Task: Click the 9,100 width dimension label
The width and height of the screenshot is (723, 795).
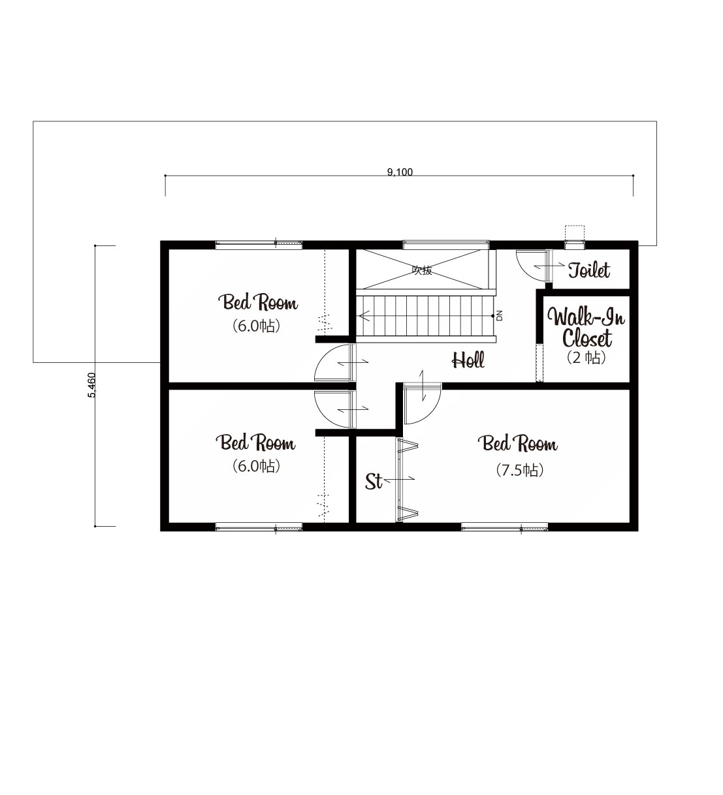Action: [x=399, y=172]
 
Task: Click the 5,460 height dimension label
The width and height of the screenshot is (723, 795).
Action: [x=91, y=384]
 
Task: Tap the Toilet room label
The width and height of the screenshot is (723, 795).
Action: [x=588, y=270]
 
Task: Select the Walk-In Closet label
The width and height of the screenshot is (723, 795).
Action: [x=586, y=328]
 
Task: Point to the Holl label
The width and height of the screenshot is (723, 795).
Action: [x=468, y=360]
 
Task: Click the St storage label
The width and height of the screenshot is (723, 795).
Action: [x=374, y=482]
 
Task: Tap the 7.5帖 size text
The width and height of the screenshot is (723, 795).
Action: [x=519, y=471]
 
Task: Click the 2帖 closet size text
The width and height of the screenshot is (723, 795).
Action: [x=586, y=358]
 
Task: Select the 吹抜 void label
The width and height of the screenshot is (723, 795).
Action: [x=422, y=271]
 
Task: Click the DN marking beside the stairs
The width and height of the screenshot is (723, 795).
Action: [x=499, y=315]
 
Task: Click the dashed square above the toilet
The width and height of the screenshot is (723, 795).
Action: [x=574, y=233]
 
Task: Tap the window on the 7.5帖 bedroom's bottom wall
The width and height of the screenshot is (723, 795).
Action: [x=504, y=527]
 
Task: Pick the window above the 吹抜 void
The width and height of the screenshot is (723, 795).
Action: [x=446, y=245]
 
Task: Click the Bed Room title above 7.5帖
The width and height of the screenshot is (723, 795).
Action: [x=517, y=444]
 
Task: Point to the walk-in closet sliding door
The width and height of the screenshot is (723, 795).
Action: [x=539, y=364]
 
